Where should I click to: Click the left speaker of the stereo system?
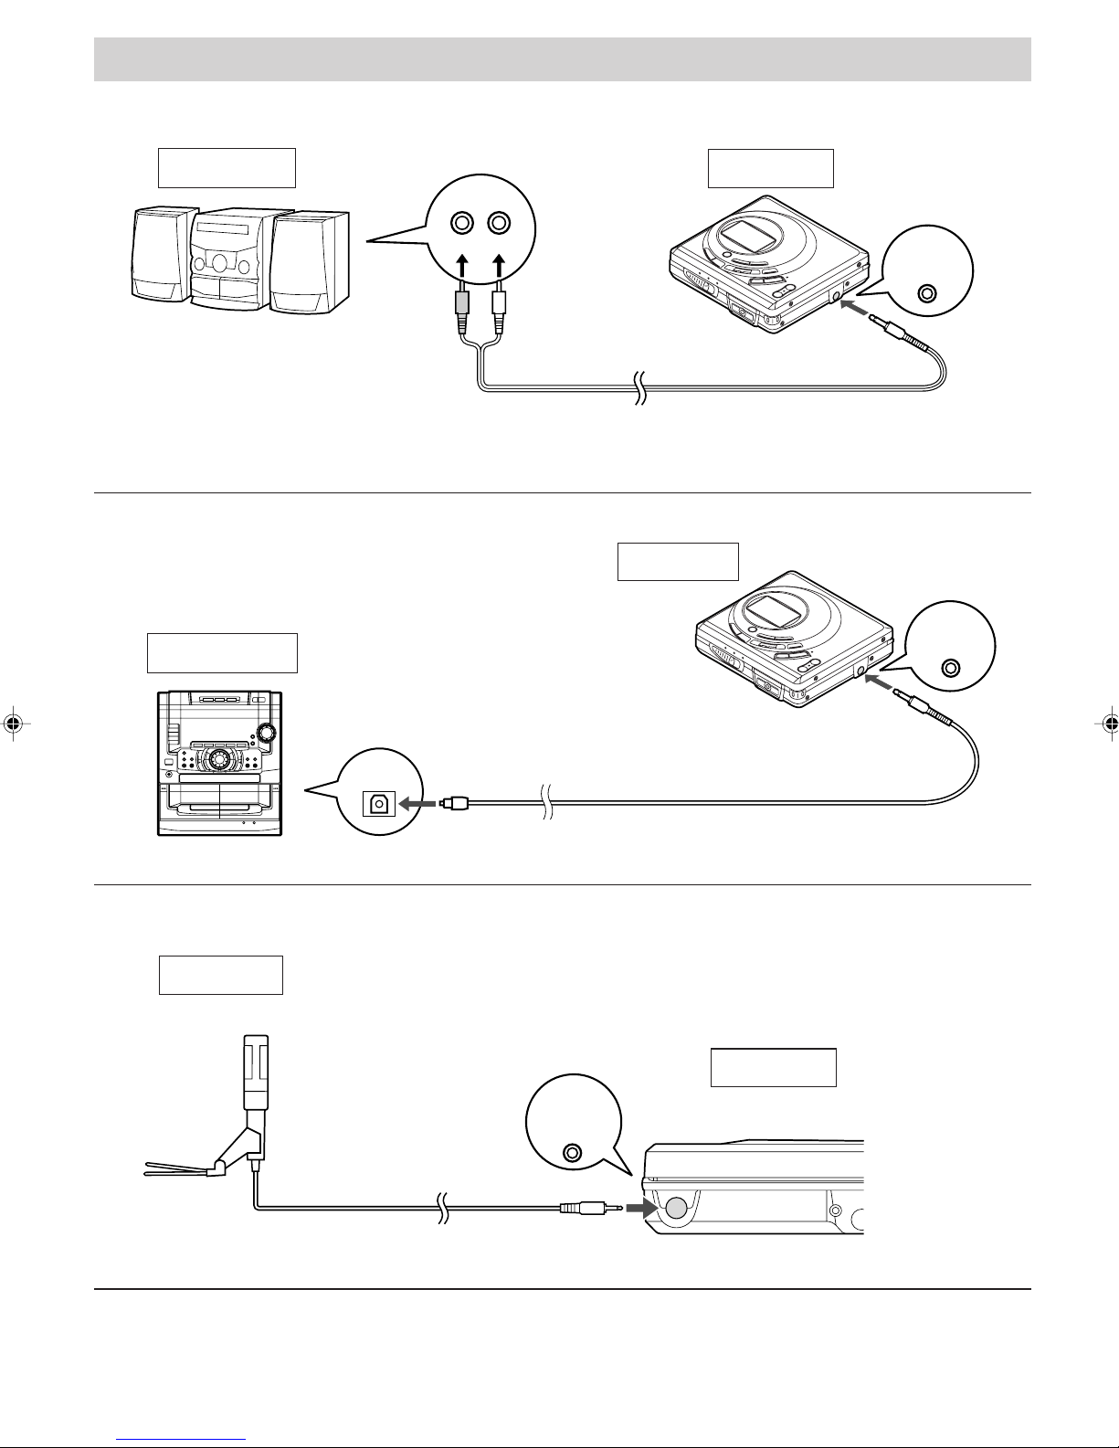tap(162, 255)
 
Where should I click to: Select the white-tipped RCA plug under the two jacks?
tap(499, 311)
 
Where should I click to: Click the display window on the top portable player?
tap(744, 239)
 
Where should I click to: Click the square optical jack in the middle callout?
tap(378, 803)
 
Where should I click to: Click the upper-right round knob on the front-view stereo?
tap(267, 733)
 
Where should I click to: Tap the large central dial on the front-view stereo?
tap(219, 760)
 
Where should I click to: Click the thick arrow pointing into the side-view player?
tap(642, 1208)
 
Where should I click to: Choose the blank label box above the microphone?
tap(221, 975)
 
